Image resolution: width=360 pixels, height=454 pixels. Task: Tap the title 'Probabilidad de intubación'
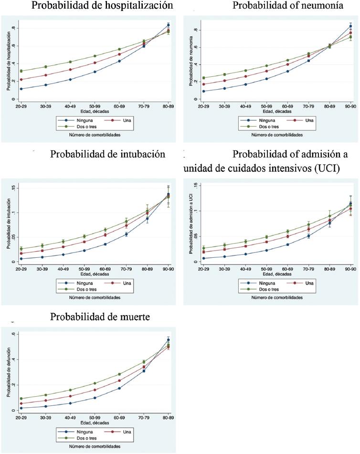coord(107,154)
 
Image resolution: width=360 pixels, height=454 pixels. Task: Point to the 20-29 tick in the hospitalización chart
coord(21,104)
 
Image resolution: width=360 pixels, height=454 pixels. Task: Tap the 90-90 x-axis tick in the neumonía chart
coord(350,104)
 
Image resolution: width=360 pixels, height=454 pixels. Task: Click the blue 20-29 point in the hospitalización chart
coord(21,89)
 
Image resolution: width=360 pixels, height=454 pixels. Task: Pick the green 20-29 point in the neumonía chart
coord(203,78)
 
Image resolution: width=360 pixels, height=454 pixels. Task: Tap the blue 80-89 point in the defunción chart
coord(168,340)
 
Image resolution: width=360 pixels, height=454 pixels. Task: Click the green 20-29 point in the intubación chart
coord(21,249)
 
